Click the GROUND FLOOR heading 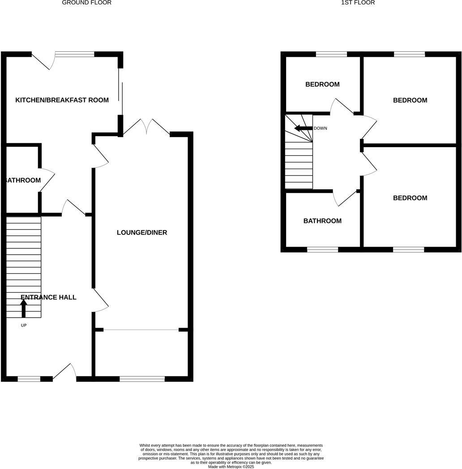pos(86,3)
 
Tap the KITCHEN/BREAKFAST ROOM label pos(62,100)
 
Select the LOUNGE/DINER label pos(142,233)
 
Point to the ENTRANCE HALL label pos(48,298)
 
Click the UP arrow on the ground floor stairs pos(24,308)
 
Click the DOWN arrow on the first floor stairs pos(303,128)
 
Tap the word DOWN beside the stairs pos(320,128)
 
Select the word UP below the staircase pos(24,325)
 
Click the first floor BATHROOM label pos(322,221)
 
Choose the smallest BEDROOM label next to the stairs pos(322,85)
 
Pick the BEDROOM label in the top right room pos(410,101)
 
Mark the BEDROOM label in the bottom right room pos(410,198)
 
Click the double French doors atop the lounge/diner pos(146,127)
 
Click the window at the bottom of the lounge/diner pos(142,379)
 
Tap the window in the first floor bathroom pos(322,249)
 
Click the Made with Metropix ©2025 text pos(231,466)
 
